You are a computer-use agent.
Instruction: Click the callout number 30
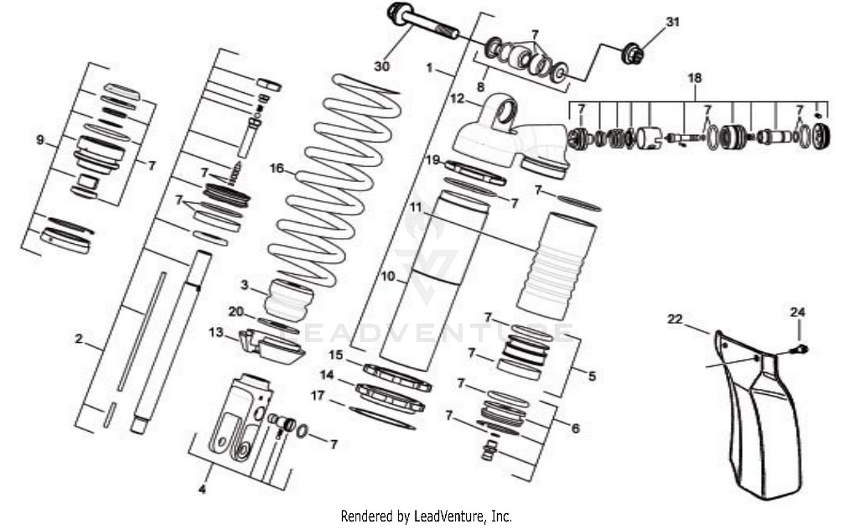coord(381,66)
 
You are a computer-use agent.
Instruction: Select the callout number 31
coord(673,22)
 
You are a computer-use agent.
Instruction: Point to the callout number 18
coord(695,77)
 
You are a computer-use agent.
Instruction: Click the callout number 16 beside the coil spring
coord(277,169)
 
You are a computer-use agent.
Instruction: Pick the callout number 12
coord(457,98)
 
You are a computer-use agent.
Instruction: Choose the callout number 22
coord(675,319)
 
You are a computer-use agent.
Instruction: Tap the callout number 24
coord(798,312)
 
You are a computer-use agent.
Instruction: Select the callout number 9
coord(40,139)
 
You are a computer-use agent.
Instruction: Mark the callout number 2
coord(79,339)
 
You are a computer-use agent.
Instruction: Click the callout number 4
coord(202,489)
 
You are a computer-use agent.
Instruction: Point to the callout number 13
coord(216,332)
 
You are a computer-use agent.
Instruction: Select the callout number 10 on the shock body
coord(388,277)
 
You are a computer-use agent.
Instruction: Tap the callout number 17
coord(318,395)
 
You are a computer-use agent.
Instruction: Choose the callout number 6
coord(575,428)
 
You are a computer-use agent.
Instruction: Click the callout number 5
coord(592,376)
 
